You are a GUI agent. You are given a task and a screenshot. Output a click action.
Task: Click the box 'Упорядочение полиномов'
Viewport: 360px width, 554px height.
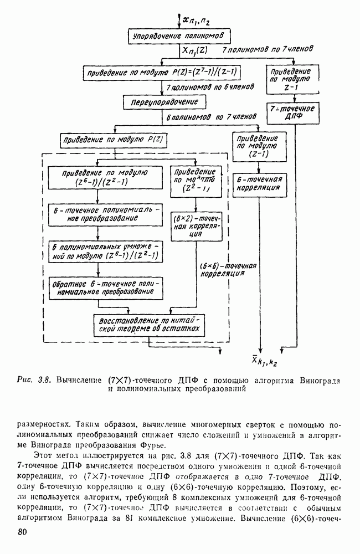177,36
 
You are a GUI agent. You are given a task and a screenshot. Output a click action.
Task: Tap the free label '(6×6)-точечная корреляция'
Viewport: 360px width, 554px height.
228,269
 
